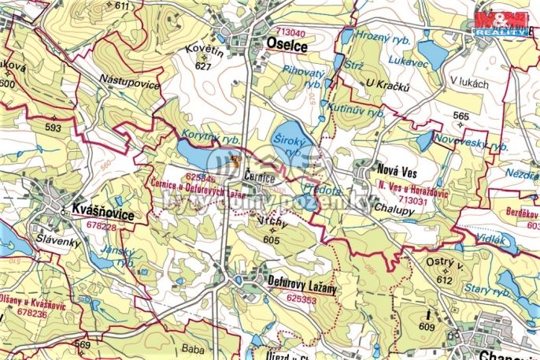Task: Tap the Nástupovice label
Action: click(x=130, y=84)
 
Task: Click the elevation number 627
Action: click(x=203, y=67)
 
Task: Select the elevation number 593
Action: click(x=54, y=127)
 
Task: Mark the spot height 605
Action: click(x=272, y=239)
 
